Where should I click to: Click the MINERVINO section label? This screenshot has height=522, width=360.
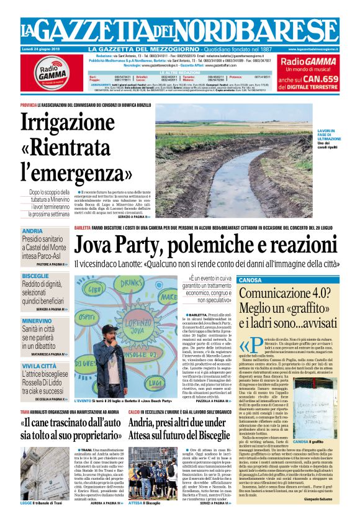click(x=37, y=321)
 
